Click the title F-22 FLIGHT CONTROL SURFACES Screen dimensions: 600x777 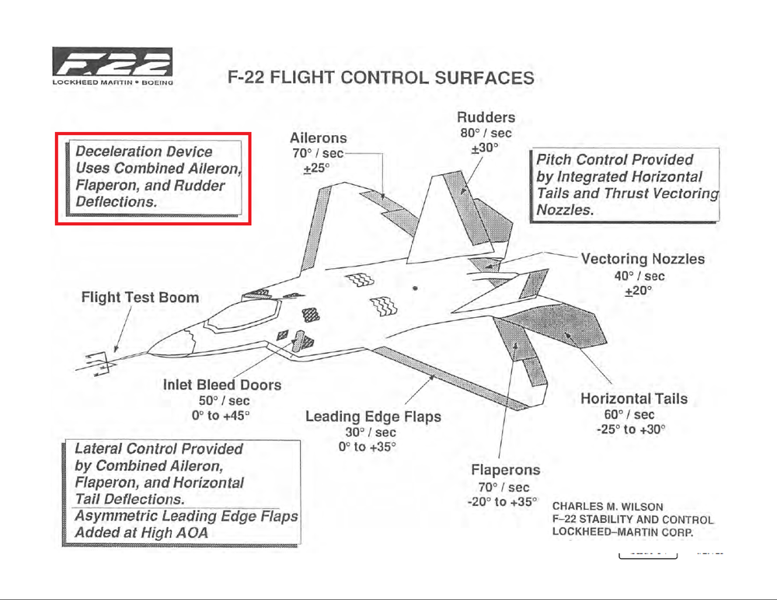380,78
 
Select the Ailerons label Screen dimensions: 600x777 318,138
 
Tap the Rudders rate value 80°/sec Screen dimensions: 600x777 486,134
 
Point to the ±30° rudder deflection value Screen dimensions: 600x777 486,148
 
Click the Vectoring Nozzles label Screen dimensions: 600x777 643,259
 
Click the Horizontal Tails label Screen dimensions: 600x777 634,399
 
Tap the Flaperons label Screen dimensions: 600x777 505,470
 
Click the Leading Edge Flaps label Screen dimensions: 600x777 373,417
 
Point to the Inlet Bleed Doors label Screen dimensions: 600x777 222,385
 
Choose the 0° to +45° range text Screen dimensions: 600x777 221,416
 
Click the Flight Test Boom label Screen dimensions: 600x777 140,297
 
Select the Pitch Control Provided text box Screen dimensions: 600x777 625,185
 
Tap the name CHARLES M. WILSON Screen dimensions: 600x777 607,507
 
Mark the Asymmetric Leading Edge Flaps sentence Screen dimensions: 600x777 186,525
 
